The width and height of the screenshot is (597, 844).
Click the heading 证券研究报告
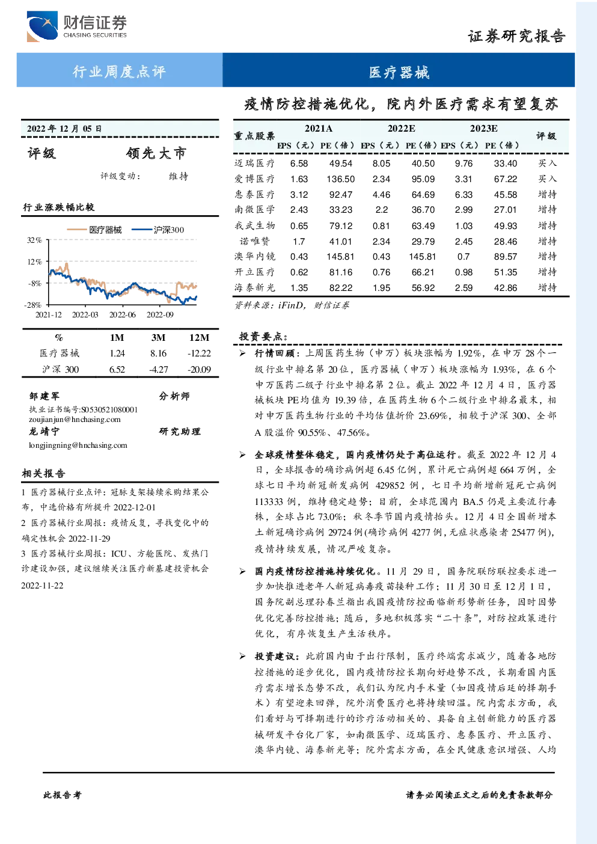pos(516,36)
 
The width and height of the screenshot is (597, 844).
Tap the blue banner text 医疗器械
pos(399,72)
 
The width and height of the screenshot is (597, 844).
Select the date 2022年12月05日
pos(64,129)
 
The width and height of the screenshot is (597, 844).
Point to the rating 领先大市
pos(156,153)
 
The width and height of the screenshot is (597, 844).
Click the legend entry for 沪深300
pos(158,230)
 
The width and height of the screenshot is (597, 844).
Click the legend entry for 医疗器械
pos(94,230)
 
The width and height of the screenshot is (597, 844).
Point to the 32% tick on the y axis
pos(34,240)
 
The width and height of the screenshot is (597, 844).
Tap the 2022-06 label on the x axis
pos(123,314)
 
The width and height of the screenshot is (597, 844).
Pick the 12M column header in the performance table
pos(200,337)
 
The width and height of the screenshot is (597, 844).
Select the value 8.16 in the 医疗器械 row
pos(158,353)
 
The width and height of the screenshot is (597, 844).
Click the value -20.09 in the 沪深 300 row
pos(200,369)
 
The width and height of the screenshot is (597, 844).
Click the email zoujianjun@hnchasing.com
pos(75,420)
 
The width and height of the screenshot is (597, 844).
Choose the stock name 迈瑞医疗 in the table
pos(254,163)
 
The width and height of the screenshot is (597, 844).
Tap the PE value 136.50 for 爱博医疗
pos(340,179)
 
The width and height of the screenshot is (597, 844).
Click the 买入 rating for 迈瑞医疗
pos(547,163)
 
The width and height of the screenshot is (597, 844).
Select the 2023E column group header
pos(483,129)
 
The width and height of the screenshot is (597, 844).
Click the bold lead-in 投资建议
pos(274,656)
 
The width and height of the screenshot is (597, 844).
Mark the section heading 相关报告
pos(43,473)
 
